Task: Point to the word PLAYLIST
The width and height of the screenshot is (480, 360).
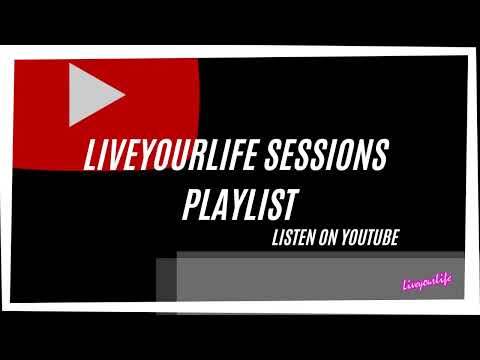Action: coord(240,205)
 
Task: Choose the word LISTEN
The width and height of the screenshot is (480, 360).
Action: coord(295,238)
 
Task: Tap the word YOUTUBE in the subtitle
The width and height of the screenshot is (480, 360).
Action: coord(372,238)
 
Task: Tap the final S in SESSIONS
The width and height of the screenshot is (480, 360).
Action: coord(382,158)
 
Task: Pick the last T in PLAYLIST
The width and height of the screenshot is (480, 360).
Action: coord(290,204)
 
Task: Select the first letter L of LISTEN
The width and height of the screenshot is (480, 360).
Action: coord(276,238)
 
